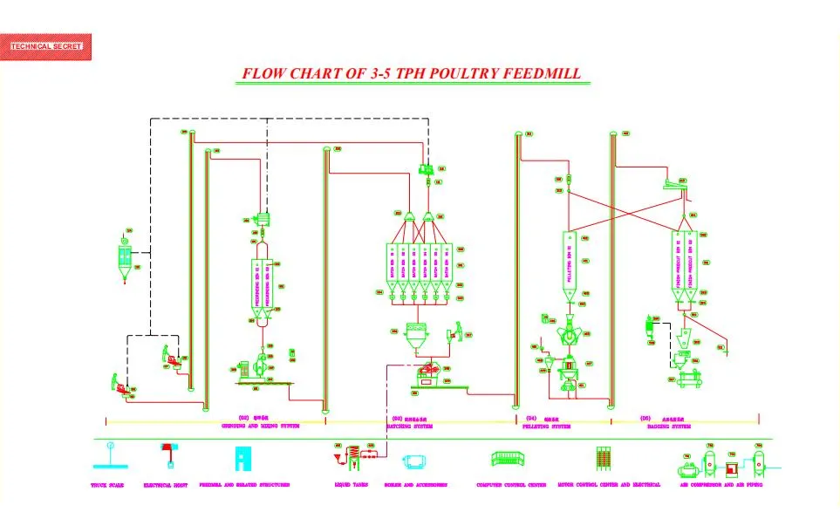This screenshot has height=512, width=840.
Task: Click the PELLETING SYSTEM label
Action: click(547, 427)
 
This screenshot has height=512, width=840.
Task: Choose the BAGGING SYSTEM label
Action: click(666, 427)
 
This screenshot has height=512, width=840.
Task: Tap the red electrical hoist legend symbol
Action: click(167, 454)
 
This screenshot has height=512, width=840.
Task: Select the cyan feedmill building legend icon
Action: click(242, 457)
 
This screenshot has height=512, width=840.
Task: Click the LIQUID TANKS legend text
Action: click(352, 485)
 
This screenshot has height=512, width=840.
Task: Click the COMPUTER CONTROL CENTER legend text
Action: click(511, 485)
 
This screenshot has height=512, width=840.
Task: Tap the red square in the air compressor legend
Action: click(732, 458)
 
